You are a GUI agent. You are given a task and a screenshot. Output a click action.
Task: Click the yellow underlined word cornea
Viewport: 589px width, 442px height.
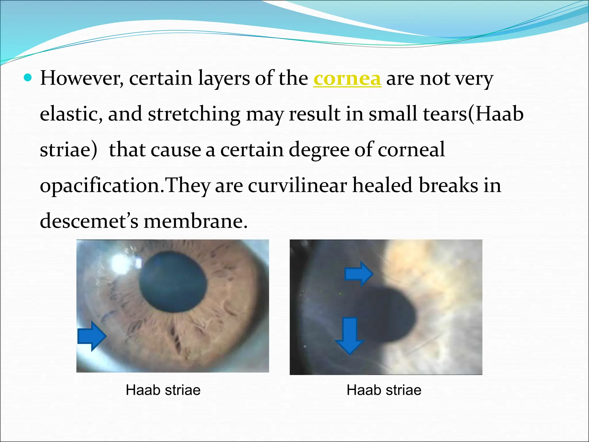347,79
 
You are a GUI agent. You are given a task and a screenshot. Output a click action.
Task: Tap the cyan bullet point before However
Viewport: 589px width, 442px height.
28,78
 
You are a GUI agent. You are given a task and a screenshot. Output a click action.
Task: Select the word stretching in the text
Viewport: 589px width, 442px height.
194,114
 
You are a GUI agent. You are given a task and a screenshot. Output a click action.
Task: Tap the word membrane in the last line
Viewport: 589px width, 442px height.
196,222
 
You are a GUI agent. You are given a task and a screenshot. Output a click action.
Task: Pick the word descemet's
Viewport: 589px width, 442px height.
89,222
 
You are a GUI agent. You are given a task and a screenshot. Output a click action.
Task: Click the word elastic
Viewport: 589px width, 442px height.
71,114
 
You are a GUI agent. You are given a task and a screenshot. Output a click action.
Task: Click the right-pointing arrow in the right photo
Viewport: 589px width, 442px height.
359,274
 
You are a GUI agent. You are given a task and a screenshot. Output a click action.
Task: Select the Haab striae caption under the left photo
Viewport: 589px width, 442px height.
163,390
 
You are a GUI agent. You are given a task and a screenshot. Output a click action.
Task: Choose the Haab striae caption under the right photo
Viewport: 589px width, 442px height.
384,390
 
